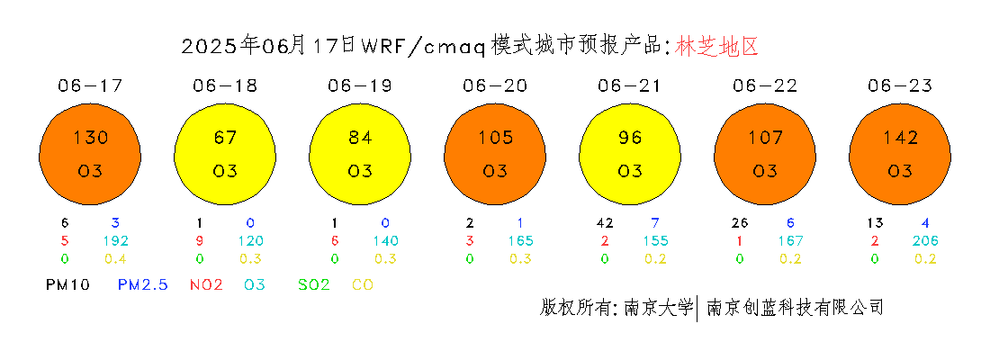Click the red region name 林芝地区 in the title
(716, 46)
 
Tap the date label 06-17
(90, 85)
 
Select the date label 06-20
(495, 85)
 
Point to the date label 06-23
(900, 85)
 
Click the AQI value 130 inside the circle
(90, 137)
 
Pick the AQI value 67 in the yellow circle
(225, 137)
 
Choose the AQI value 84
(360, 137)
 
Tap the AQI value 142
(900, 137)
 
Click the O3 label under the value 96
(630, 170)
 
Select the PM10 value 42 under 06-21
(604, 223)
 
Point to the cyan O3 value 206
(925, 240)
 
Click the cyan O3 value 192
(116, 240)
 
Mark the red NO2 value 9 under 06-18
(199, 240)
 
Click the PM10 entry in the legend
(67, 284)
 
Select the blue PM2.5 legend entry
(143, 284)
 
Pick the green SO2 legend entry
(313, 284)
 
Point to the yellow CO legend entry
(363, 284)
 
